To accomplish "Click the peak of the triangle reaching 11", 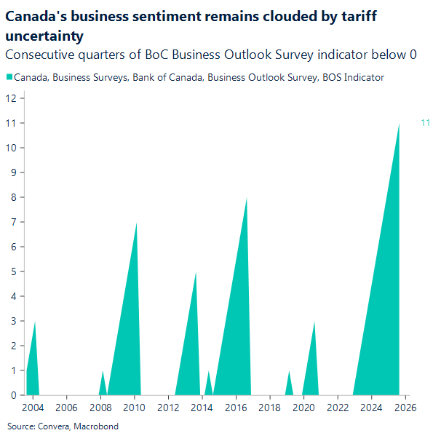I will (399, 124).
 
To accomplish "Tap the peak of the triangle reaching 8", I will (247, 199).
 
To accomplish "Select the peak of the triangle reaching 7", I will (136, 223).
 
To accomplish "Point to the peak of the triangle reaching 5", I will (196, 273).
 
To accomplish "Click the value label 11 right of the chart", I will (426, 123).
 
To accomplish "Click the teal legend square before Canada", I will (9, 77).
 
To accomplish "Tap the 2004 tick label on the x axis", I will (32, 407).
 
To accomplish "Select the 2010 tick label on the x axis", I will (134, 407).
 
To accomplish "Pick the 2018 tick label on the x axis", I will (270, 407).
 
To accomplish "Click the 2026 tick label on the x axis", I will (406, 407).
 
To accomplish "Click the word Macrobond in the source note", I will (95, 426).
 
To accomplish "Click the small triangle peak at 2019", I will (289, 372).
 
